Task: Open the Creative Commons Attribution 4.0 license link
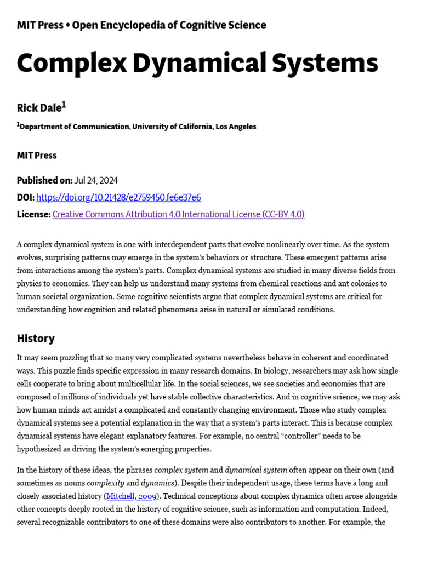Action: point(178,215)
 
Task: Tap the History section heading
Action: point(36,339)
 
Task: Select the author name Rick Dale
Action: point(39,108)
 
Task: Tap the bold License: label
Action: point(33,215)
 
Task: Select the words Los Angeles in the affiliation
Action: point(236,127)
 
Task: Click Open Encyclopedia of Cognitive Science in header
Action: point(169,25)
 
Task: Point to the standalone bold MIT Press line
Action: point(37,156)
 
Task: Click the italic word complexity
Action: point(105,483)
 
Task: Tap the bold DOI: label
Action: point(26,198)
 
